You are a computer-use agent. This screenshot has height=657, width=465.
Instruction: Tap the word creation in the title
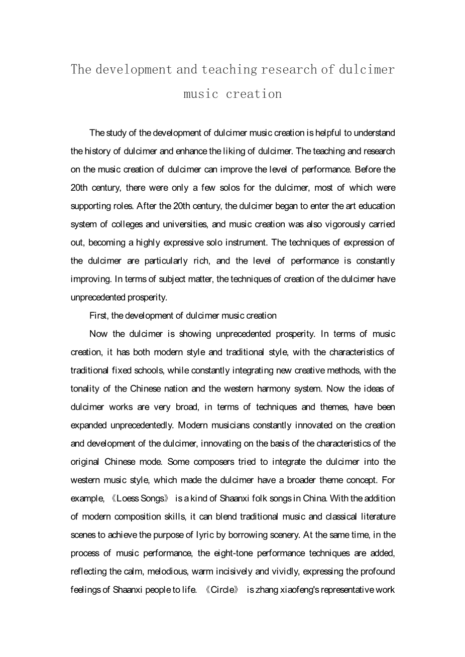(x=254, y=94)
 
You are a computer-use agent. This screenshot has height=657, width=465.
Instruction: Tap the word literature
(x=376, y=516)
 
